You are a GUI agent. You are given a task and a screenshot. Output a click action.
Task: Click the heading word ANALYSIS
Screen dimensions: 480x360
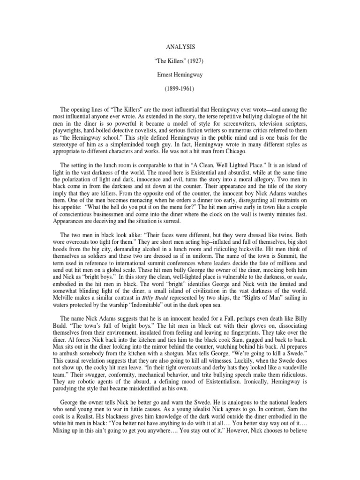[x=180, y=47]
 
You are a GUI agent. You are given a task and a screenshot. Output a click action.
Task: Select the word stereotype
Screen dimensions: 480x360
[x=70, y=145]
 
